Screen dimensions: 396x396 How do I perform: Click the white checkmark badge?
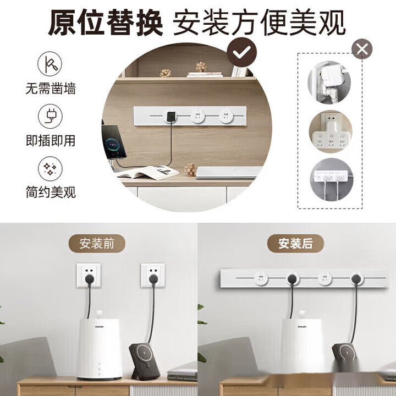[241, 52]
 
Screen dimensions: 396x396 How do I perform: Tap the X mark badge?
[362, 49]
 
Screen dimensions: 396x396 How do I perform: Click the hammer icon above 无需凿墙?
[50, 64]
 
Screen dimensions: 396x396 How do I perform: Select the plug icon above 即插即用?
[50, 116]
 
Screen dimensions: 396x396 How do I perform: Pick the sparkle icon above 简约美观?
[50, 168]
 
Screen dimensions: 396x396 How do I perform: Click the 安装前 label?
[97, 244]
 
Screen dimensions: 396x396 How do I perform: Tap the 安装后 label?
[295, 244]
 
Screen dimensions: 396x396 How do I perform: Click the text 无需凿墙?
[51, 89]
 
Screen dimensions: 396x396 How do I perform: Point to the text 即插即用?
[51, 140]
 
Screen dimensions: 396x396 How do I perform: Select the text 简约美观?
[51, 192]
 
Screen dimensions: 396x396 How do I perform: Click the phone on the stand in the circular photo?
[114, 142]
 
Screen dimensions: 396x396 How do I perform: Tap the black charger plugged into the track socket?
[170, 117]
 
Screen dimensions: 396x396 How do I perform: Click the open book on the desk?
[148, 172]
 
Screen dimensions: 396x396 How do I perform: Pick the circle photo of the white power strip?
[331, 179]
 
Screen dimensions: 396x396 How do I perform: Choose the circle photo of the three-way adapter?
[331, 131]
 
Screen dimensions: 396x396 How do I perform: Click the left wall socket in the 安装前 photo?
[89, 276]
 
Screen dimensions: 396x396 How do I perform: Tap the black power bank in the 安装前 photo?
[145, 361]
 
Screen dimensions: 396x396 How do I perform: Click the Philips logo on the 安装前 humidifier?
[99, 327]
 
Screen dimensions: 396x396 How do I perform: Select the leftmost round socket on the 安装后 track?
[261, 278]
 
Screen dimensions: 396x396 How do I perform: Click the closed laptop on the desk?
[229, 173]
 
